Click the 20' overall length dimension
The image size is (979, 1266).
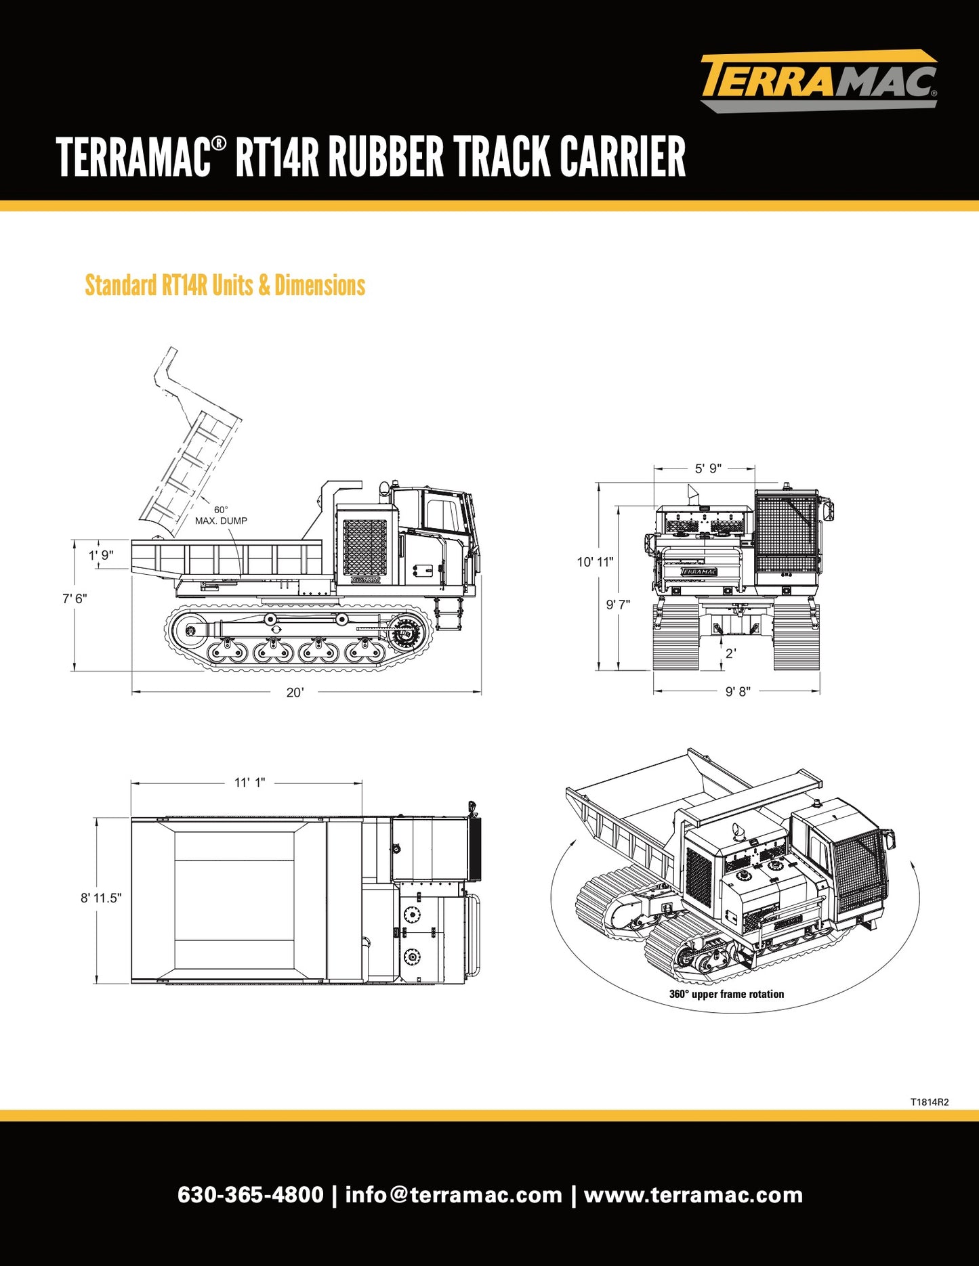295,692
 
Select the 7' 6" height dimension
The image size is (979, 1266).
75,598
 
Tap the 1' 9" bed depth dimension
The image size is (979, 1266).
101,555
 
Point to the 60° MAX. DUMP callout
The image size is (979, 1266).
221,516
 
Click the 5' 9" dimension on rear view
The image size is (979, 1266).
708,468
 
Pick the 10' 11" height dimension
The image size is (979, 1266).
595,562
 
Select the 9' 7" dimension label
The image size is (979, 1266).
618,605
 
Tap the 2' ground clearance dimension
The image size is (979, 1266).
730,653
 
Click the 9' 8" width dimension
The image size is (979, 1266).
738,691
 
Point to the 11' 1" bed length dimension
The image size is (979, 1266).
249,783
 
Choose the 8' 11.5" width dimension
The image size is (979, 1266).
101,898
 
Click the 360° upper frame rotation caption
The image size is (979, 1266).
726,994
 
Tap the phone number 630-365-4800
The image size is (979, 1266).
251,1195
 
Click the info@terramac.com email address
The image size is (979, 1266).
453,1195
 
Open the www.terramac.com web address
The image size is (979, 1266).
693,1195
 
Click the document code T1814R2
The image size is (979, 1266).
930,1102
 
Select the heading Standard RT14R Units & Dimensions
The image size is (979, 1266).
225,286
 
